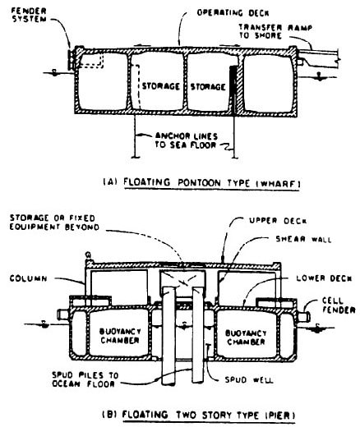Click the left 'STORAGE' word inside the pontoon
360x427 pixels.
[x=158, y=84]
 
